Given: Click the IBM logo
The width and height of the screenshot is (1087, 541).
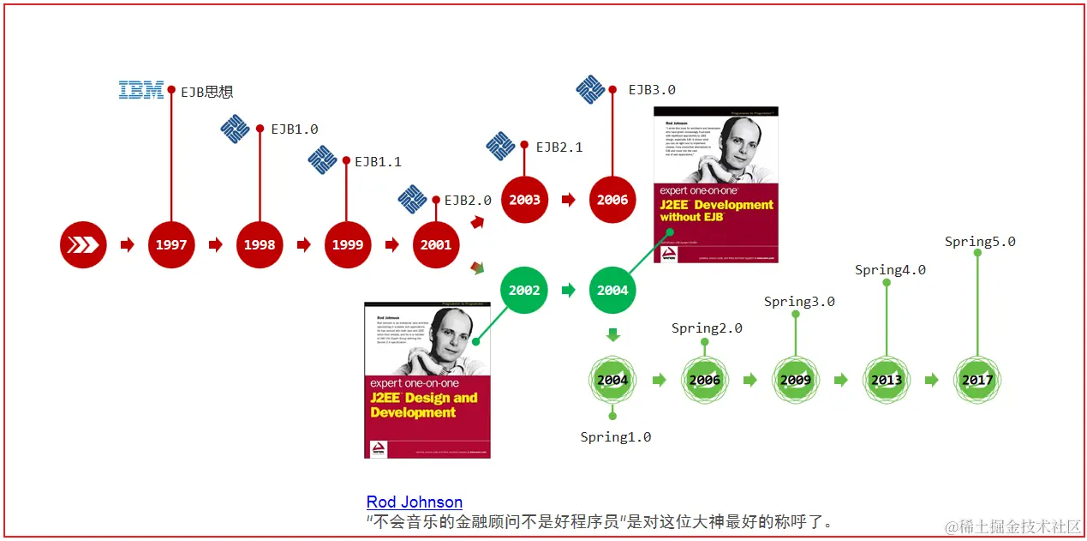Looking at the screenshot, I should (x=141, y=89).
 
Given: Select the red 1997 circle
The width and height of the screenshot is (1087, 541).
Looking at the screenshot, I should (x=171, y=245).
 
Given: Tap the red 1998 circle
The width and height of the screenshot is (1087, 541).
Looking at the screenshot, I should (x=260, y=245).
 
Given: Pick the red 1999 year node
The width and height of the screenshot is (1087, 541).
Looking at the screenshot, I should (x=348, y=245).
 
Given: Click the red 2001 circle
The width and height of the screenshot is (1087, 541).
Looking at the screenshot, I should (x=436, y=245).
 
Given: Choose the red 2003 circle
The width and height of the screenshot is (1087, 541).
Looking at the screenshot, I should (x=524, y=200).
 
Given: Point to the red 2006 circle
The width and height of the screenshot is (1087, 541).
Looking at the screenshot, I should (x=612, y=200).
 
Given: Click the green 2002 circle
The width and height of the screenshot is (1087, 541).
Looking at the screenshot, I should (x=524, y=290).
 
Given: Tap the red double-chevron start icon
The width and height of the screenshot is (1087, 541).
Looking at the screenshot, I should (x=83, y=245).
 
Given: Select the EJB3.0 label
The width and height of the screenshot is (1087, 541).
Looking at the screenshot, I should (x=652, y=89).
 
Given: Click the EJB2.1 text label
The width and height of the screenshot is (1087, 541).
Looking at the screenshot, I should (x=559, y=147).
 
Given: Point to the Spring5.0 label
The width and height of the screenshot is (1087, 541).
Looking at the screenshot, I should (x=980, y=242).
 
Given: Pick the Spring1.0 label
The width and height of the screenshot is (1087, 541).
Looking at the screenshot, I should (x=615, y=437).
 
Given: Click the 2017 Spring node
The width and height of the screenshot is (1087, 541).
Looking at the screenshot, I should (x=977, y=380).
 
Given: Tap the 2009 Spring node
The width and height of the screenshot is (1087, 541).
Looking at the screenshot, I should (x=796, y=380).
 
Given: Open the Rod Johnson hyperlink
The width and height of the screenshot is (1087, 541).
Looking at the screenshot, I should (x=415, y=502).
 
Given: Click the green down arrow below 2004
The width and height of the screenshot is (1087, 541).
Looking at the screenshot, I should (x=612, y=335).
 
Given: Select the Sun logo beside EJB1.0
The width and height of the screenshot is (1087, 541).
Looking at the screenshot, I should (x=235, y=129).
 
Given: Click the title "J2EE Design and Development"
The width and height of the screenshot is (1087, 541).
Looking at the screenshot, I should (x=424, y=405).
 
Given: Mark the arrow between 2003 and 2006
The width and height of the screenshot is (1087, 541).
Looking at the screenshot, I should (x=569, y=200).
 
